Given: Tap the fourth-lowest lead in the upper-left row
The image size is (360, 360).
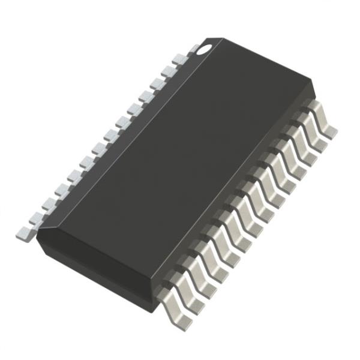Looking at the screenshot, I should pos(59,190).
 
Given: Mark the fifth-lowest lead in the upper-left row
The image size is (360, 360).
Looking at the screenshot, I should pos(71,177).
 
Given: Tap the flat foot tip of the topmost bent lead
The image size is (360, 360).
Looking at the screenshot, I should pos(331,130).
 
